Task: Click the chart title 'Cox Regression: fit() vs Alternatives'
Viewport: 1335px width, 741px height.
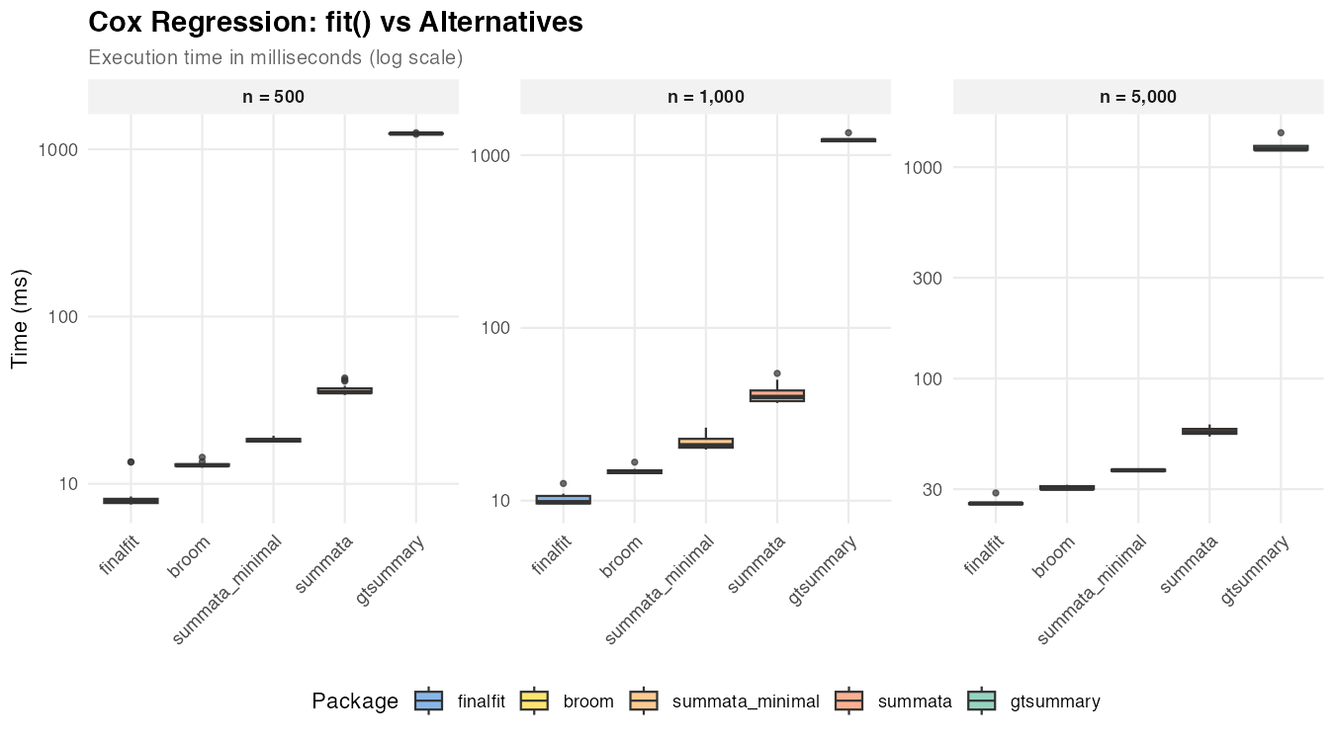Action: pos(335,22)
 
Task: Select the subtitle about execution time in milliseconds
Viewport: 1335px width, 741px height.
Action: pos(276,57)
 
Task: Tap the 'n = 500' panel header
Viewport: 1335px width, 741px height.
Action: pos(274,97)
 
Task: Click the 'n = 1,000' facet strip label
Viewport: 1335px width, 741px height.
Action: pos(706,97)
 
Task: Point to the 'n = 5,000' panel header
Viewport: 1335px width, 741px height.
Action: pos(1138,97)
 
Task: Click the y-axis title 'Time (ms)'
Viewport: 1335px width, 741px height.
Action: pos(21,318)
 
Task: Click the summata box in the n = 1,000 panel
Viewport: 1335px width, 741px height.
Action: pos(777,395)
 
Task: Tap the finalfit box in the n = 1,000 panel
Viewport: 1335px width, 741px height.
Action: pos(563,499)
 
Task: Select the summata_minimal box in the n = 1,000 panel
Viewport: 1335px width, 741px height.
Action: pos(706,443)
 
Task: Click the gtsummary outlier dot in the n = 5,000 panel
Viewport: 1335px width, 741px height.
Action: pos(1281,132)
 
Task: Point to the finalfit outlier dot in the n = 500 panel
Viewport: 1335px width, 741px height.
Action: pos(131,461)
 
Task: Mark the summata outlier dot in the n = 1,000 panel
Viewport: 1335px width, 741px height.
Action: pos(777,373)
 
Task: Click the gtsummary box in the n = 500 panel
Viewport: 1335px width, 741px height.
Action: pos(415,133)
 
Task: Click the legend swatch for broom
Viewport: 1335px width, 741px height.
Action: pos(535,701)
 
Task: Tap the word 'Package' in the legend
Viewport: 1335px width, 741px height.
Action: pos(355,701)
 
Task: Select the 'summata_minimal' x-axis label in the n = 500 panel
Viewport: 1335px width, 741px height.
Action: pos(230,588)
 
